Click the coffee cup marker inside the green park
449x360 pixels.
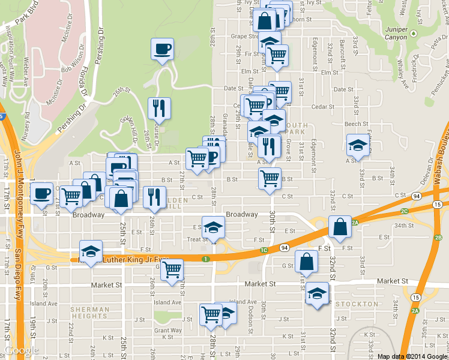161,49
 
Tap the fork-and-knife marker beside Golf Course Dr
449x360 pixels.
159,108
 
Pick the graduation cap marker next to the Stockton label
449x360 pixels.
317,295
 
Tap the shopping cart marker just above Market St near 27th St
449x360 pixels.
172,269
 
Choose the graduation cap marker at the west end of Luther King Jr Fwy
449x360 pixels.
91,251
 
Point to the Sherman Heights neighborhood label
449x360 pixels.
90,313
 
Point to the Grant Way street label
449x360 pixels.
168,330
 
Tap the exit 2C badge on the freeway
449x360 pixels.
404,211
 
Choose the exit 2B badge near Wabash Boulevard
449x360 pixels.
438,238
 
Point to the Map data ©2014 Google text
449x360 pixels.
411,356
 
